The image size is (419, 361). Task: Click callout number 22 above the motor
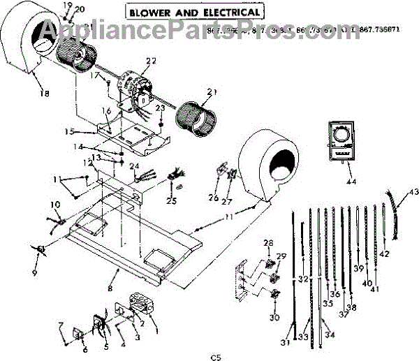[151, 61]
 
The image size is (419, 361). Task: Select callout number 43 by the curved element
[413, 192]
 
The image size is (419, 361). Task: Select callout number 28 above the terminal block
[268, 242]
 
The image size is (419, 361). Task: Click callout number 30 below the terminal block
[274, 317]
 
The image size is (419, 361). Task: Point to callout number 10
[55, 205]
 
